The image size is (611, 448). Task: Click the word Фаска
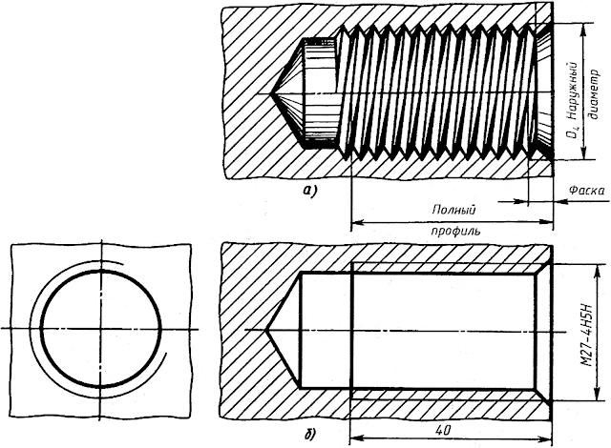pos(584,191)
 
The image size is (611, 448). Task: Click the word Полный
pos(454,210)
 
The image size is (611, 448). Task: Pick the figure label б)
pos(309,436)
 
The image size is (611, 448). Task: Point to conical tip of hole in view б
pos(266,330)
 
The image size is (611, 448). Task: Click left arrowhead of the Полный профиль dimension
pos(355,222)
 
